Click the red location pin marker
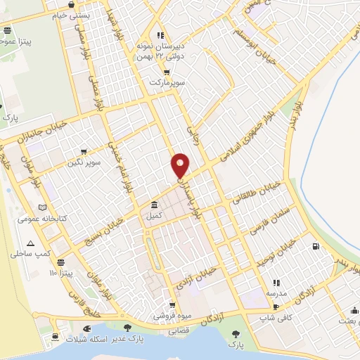180,165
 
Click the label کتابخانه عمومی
62,219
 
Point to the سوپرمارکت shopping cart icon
167,72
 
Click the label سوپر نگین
84,162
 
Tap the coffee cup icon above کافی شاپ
276,307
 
